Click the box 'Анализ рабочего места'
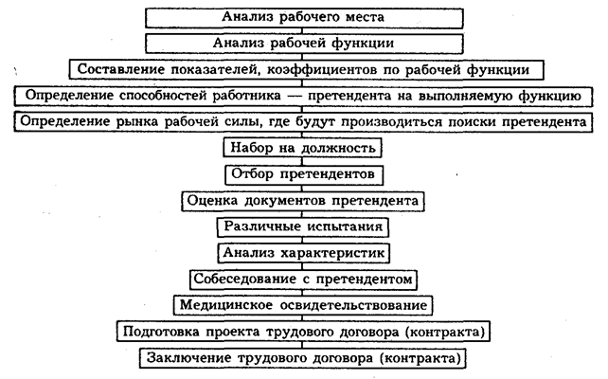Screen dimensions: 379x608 (x=304, y=17)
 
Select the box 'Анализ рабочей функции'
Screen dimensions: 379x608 (x=304, y=43)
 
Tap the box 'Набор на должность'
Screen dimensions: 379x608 (x=304, y=148)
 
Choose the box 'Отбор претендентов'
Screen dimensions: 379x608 (x=304, y=174)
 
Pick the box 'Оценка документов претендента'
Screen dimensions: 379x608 (x=304, y=201)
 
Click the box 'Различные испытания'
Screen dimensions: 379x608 (x=304, y=227)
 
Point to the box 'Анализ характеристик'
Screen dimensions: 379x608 (x=304, y=253)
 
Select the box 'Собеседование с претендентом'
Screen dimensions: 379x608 (x=304, y=280)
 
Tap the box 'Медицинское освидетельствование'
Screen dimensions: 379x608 (x=304, y=306)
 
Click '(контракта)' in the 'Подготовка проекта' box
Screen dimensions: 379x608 (x=445, y=333)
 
